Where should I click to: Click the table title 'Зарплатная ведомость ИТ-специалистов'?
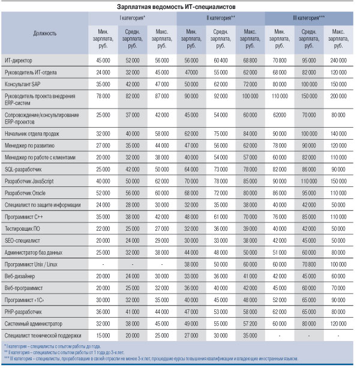coord(180,5)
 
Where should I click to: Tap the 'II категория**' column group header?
coord(220,17)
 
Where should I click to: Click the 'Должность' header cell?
coord(44,34)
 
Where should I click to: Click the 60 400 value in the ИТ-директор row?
coord(220,61)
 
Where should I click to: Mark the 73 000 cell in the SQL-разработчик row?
coord(220,170)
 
